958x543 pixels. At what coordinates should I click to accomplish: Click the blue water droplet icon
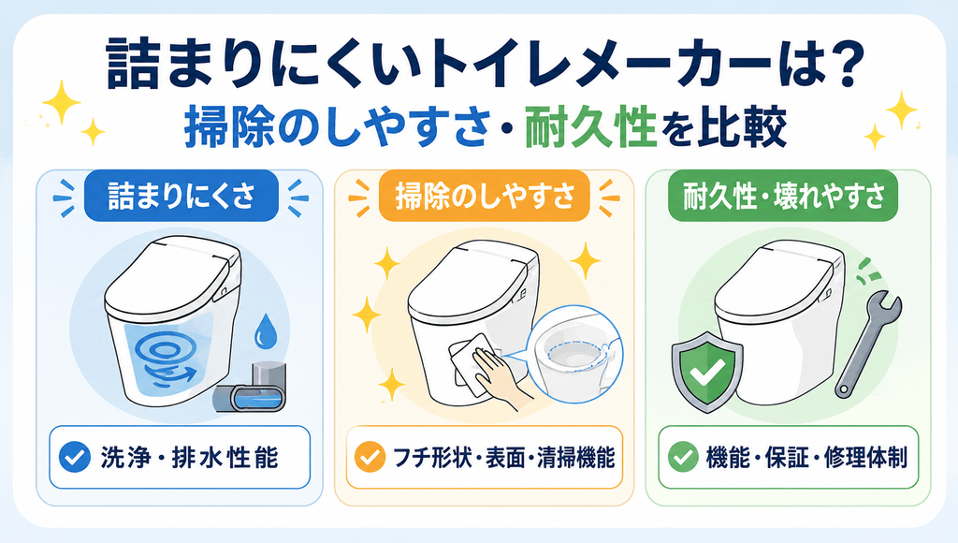click(265, 330)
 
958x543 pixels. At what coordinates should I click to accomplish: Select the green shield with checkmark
click(707, 372)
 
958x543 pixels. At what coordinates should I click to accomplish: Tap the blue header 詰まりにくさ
click(181, 196)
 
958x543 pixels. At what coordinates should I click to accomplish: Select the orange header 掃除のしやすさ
click(485, 196)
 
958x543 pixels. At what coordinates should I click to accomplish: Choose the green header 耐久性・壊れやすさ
click(783, 196)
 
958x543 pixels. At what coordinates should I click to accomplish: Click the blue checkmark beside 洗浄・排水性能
click(75, 458)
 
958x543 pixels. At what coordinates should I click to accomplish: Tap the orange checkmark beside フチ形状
click(370, 458)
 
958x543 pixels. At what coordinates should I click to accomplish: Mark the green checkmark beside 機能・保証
click(683, 458)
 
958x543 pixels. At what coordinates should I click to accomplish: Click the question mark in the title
click(845, 65)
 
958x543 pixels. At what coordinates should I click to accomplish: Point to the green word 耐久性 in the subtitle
click(590, 127)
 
